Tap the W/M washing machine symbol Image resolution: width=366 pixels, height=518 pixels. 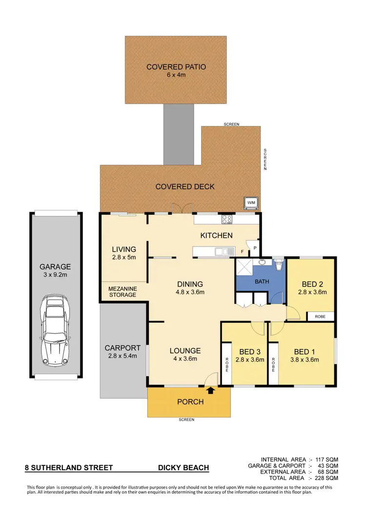(251, 203)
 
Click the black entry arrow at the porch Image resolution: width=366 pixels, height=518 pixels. (211, 390)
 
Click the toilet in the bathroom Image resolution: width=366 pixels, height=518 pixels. (279, 266)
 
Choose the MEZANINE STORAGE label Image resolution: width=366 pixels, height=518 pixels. (122, 291)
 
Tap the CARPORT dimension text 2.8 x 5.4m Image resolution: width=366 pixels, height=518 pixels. (122, 356)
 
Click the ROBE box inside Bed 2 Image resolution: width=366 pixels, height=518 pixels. (320, 316)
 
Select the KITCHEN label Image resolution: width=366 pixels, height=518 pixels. (217, 235)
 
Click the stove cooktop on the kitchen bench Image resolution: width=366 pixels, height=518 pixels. (227, 219)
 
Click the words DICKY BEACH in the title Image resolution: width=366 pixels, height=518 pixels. (183, 468)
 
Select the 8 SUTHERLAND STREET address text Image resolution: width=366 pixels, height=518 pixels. (69, 468)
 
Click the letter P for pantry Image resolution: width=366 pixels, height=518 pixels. (254, 249)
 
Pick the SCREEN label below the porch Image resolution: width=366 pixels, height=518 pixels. (186, 420)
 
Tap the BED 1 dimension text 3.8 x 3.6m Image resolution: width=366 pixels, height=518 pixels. (306, 360)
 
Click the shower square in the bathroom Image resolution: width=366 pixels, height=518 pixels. (244, 268)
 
